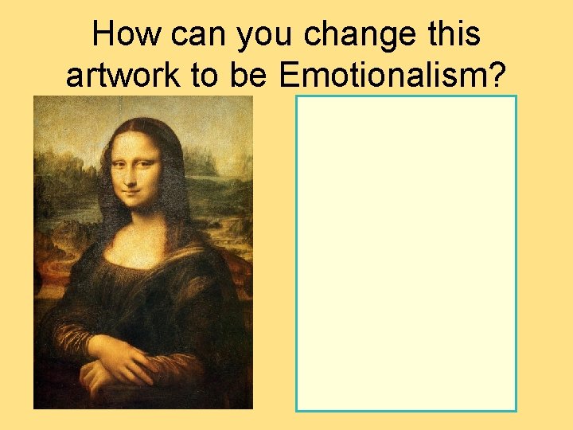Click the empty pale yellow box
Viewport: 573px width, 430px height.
[x=406, y=253]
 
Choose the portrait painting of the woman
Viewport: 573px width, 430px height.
[x=142, y=252]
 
